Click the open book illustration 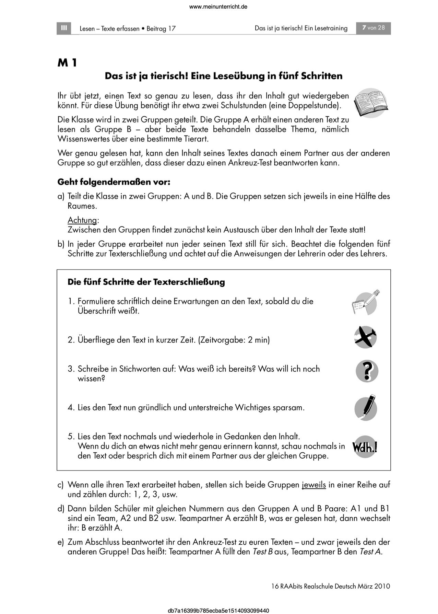[371, 103]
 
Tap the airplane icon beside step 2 [366, 337]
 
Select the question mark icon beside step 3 [367, 371]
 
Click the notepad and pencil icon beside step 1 [365, 302]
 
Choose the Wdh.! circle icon [365, 447]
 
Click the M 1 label [67, 63]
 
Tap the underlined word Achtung [82, 220]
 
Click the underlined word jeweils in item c [313, 485]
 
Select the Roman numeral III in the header [64, 28]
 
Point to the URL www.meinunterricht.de [218, 7]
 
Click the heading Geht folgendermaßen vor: [114, 182]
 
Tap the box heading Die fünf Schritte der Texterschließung [146, 282]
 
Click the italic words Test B [262, 552]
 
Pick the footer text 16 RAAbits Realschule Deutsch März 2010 [328, 586]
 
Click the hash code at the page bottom [218, 610]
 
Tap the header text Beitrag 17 [161, 29]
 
